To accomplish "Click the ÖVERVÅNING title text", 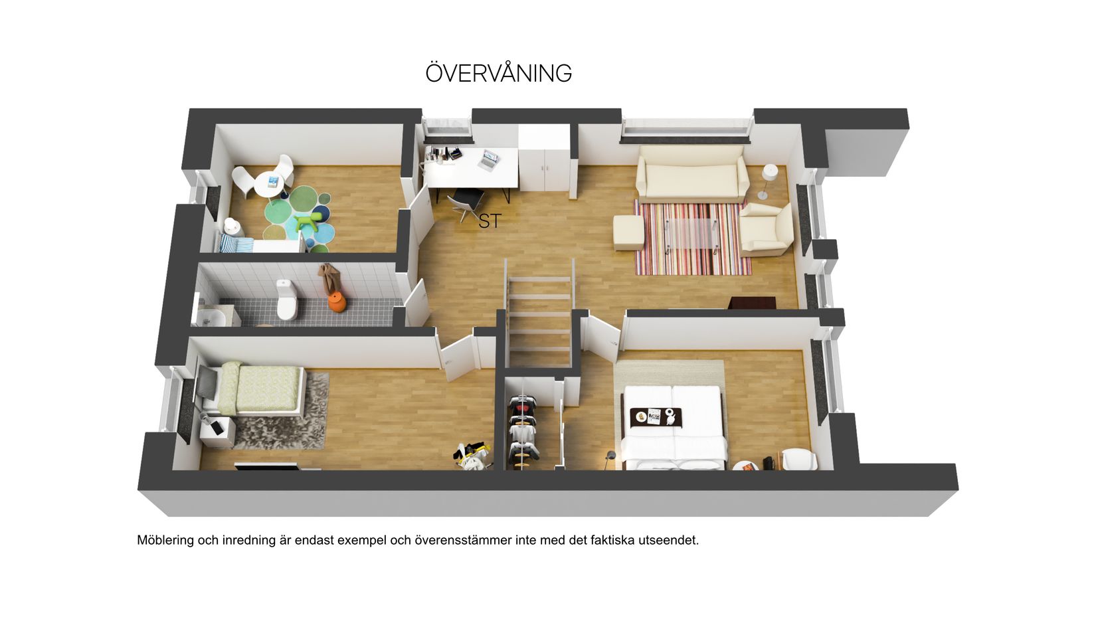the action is tap(498, 73).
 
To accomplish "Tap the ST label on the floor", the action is tap(490, 221).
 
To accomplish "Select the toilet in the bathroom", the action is tap(286, 300).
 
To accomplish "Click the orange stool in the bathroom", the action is tap(337, 302).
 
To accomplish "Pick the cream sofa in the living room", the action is tap(692, 174).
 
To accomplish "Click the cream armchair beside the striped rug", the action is tap(767, 230).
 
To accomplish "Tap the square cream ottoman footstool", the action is tap(629, 233).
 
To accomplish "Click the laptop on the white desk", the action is tap(489, 160).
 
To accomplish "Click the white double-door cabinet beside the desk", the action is tap(545, 158).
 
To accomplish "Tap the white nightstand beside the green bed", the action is tap(217, 432).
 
